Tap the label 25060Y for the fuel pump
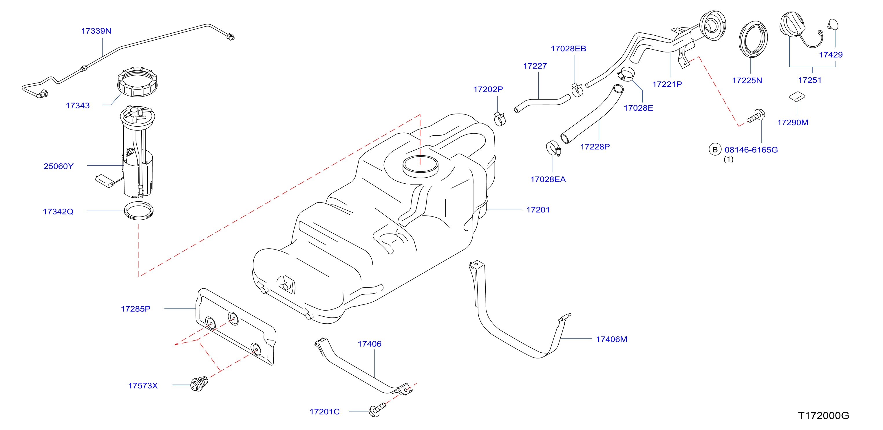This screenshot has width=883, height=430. click(x=58, y=166)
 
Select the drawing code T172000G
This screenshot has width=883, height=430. click(x=823, y=416)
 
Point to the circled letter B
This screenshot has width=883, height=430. click(x=715, y=150)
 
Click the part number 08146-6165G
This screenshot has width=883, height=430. click(x=751, y=150)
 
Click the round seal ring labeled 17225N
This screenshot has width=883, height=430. click(x=753, y=39)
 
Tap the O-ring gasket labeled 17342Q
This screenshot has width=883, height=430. click(x=138, y=211)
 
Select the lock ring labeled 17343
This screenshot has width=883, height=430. click(x=137, y=82)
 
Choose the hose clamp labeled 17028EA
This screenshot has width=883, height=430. click(x=553, y=148)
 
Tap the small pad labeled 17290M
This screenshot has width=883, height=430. click(x=797, y=96)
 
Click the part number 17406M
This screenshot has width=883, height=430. click(x=612, y=340)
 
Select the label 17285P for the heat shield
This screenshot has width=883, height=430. click(x=136, y=309)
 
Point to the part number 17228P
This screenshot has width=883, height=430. click(x=595, y=147)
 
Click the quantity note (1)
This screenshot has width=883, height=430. click(x=728, y=159)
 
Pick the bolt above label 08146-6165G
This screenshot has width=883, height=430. click(x=756, y=116)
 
